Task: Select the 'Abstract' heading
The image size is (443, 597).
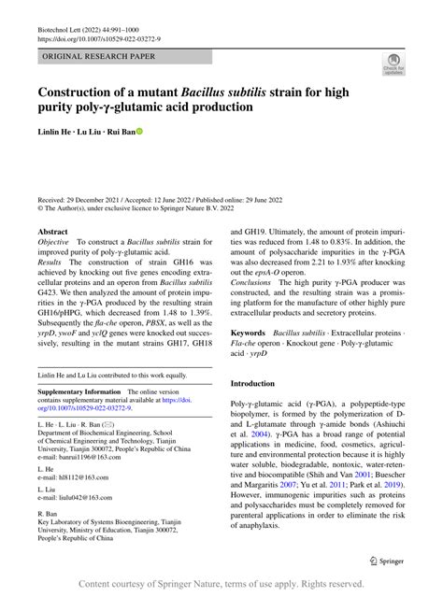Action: click(x=52, y=231)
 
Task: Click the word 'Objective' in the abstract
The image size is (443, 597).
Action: click(x=53, y=243)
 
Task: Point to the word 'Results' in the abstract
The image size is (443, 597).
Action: click(x=50, y=264)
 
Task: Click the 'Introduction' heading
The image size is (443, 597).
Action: click(x=259, y=384)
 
